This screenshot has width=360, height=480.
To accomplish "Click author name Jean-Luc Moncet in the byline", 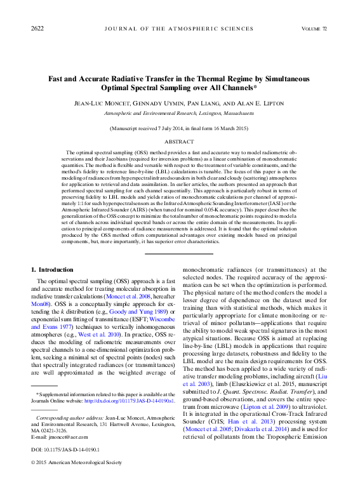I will [x=97, y=102].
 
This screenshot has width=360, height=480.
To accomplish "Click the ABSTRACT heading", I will [x=179, y=142].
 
